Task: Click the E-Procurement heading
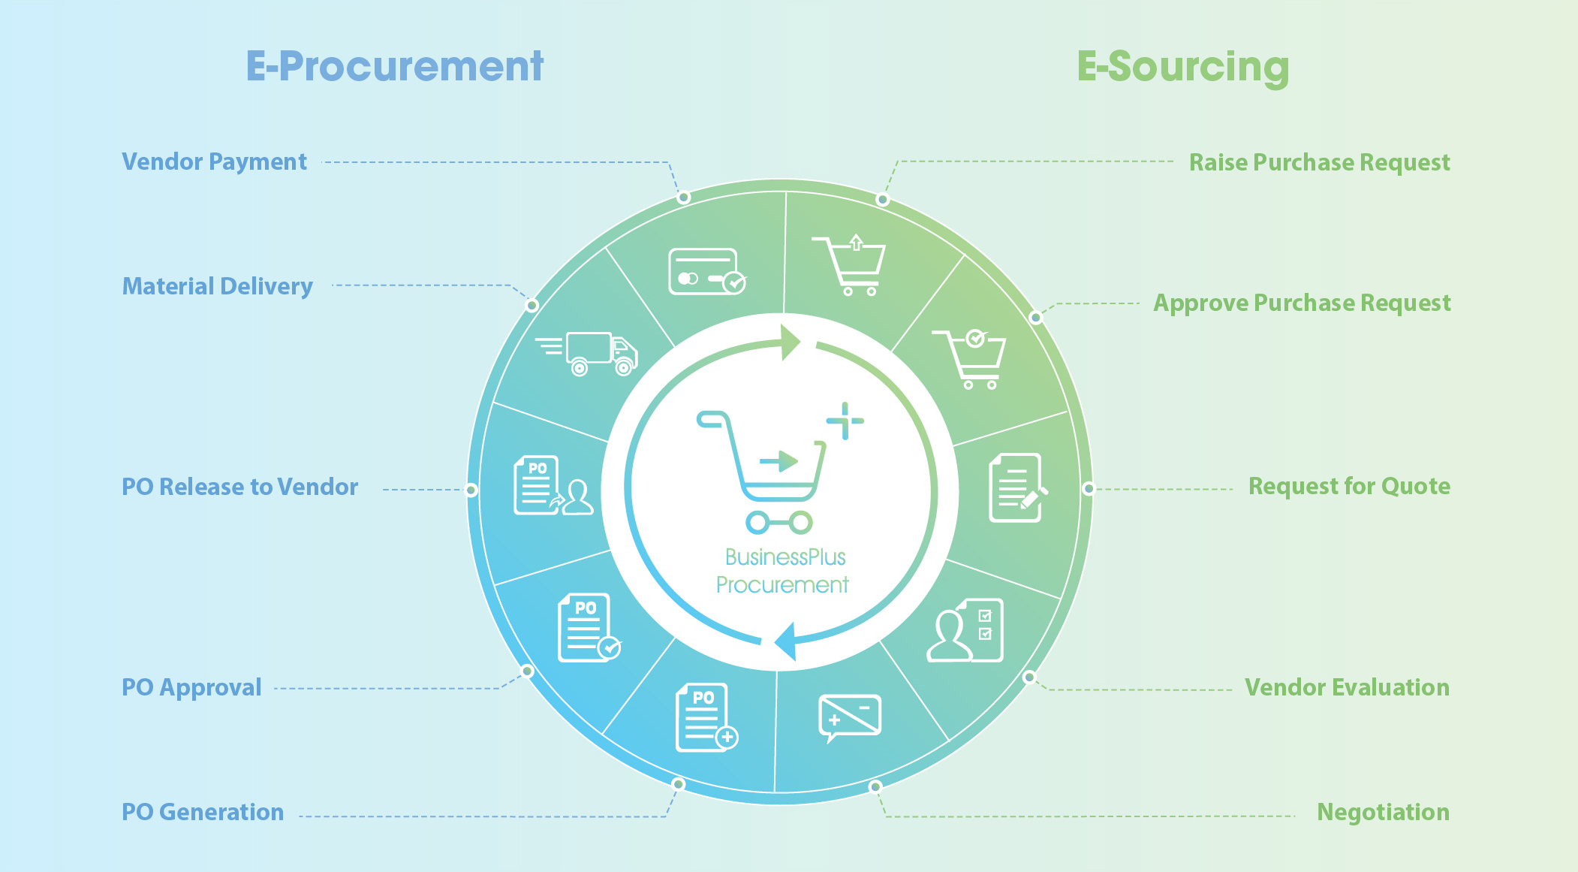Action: click(395, 66)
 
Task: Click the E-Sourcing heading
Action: click(1183, 68)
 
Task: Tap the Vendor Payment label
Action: click(214, 162)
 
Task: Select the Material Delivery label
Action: click(218, 287)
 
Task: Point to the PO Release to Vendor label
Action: click(240, 487)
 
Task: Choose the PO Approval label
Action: click(191, 688)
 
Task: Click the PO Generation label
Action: click(203, 812)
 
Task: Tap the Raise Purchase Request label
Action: click(1320, 163)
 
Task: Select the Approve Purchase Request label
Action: click(1302, 303)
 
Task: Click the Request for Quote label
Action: click(1349, 487)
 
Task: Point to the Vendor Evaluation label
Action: click(1347, 687)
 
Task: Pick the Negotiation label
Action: click(1383, 813)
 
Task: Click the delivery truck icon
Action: click(586, 353)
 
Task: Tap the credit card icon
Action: click(706, 271)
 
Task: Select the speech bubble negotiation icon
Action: click(849, 718)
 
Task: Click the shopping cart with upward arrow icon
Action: click(849, 265)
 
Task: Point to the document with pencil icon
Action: click(1018, 487)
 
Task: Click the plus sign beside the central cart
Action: click(845, 421)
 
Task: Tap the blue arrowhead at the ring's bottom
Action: click(786, 641)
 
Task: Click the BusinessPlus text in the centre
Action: click(785, 557)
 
